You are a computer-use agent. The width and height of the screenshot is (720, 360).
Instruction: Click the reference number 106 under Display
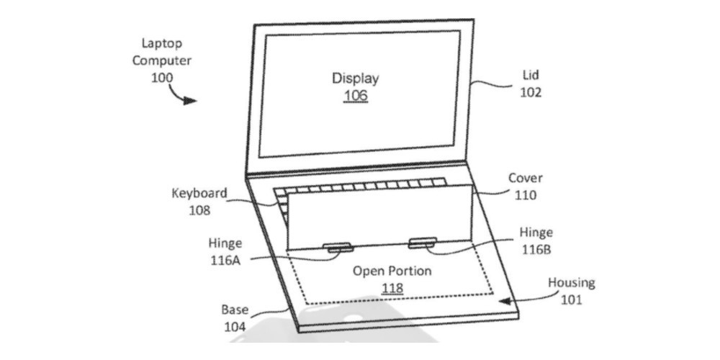tap(356, 96)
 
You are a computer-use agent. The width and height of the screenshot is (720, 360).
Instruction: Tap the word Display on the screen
tap(356, 78)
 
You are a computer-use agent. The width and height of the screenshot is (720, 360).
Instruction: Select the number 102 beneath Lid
tap(531, 92)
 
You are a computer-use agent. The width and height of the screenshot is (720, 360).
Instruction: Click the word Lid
tap(531, 75)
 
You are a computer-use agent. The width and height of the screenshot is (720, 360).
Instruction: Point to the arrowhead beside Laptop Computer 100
tap(189, 101)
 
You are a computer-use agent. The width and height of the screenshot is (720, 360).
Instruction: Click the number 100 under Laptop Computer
tap(162, 78)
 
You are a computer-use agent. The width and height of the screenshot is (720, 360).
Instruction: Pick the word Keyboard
tap(199, 193)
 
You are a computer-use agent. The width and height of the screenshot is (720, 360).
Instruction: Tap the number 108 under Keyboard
tap(199, 210)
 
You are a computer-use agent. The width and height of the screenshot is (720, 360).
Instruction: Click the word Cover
tap(526, 178)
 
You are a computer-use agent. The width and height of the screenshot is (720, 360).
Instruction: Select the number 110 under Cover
tap(526, 195)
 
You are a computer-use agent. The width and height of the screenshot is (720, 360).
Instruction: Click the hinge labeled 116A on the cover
tap(338, 248)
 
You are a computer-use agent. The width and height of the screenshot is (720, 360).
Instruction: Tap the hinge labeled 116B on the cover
tap(423, 243)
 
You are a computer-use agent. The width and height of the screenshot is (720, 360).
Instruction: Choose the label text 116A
tap(225, 261)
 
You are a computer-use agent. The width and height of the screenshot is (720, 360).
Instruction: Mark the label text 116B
tap(536, 250)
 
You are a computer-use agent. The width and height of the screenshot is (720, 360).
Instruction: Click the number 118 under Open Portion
tap(392, 289)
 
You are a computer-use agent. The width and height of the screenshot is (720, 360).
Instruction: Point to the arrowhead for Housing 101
tap(505, 301)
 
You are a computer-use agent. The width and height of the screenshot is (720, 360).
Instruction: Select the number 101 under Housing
tap(571, 300)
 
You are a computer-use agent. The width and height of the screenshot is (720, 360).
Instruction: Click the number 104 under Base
tap(235, 327)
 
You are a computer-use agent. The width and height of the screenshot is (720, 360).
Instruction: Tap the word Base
tap(235, 310)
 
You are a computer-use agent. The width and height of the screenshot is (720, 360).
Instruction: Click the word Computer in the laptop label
tap(162, 60)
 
